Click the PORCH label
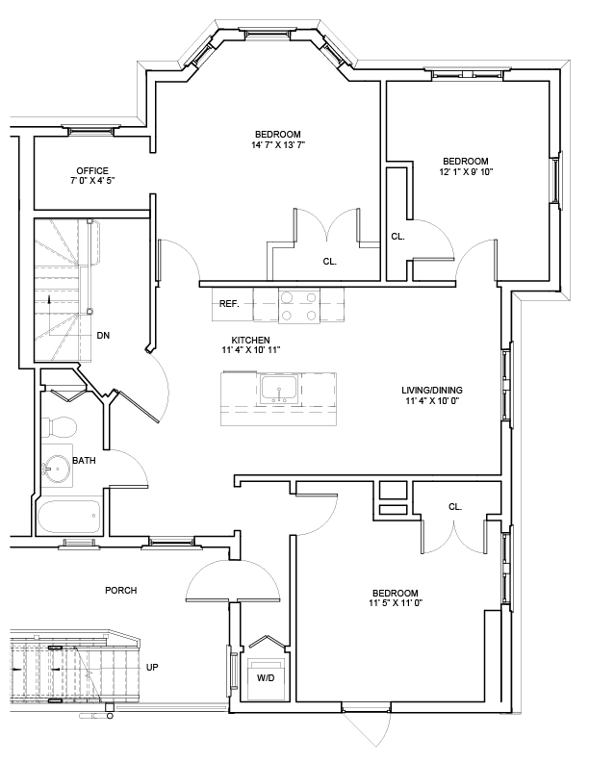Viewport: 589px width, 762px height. (120, 590)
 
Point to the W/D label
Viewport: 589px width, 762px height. (265, 677)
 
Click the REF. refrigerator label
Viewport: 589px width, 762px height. (229, 303)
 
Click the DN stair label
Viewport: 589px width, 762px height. (103, 336)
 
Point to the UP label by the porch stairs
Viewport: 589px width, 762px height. (152, 667)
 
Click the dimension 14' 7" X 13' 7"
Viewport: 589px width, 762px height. (277, 144)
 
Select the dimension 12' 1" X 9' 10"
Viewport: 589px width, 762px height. (466, 172)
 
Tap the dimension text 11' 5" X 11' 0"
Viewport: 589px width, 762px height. (395, 603)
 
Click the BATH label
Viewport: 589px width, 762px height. (85, 461)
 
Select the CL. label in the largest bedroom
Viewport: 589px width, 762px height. (329, 261)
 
